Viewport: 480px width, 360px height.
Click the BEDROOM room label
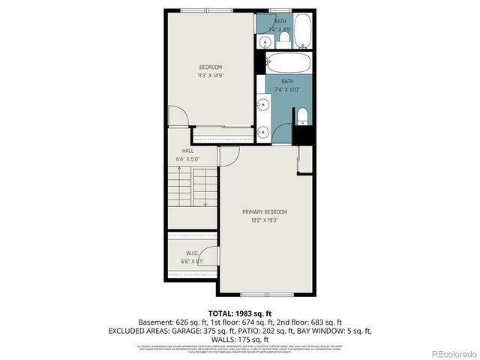click(210, 67)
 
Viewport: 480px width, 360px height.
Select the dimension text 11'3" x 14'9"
click(210, 76)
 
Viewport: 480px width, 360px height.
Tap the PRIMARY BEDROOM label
click(264, 212)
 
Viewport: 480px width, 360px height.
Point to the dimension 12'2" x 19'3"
click(264, 220)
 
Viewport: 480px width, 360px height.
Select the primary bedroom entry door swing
click(229, 155)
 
